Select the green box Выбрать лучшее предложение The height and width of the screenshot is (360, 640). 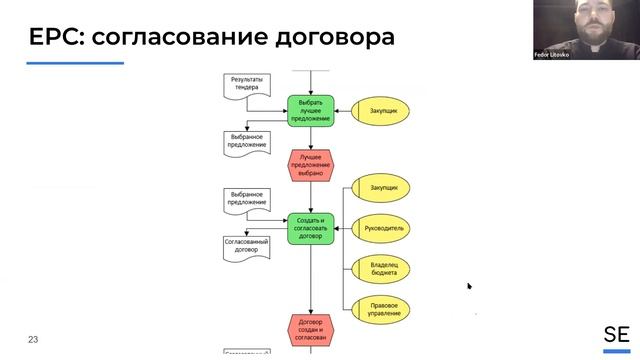(x=310, y=111)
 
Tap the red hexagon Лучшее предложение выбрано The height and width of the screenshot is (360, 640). (x=311, y=164)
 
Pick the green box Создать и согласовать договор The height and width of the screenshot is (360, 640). (x=310, y=228)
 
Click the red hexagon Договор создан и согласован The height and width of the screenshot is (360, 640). (x=310, y=328)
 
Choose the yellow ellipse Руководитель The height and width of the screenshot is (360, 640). (x=384, y=228)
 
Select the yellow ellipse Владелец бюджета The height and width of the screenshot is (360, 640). (x=384, y=268)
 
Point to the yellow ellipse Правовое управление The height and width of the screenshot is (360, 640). (x=384, y=308)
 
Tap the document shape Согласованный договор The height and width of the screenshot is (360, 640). (x=246, y=248)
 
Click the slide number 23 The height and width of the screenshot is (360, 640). (x=33, y=340)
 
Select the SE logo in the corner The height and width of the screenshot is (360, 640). (x=616, y=335)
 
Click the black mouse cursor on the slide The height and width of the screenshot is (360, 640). (x=469, y=286)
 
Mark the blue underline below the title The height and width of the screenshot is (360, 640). (x=75, y=63)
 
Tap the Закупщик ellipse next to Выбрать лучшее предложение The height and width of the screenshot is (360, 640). (x=384, y=111)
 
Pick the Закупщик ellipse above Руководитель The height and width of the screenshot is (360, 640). (x=384, y=187)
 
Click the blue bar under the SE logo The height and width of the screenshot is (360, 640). (x=616, y=351)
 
